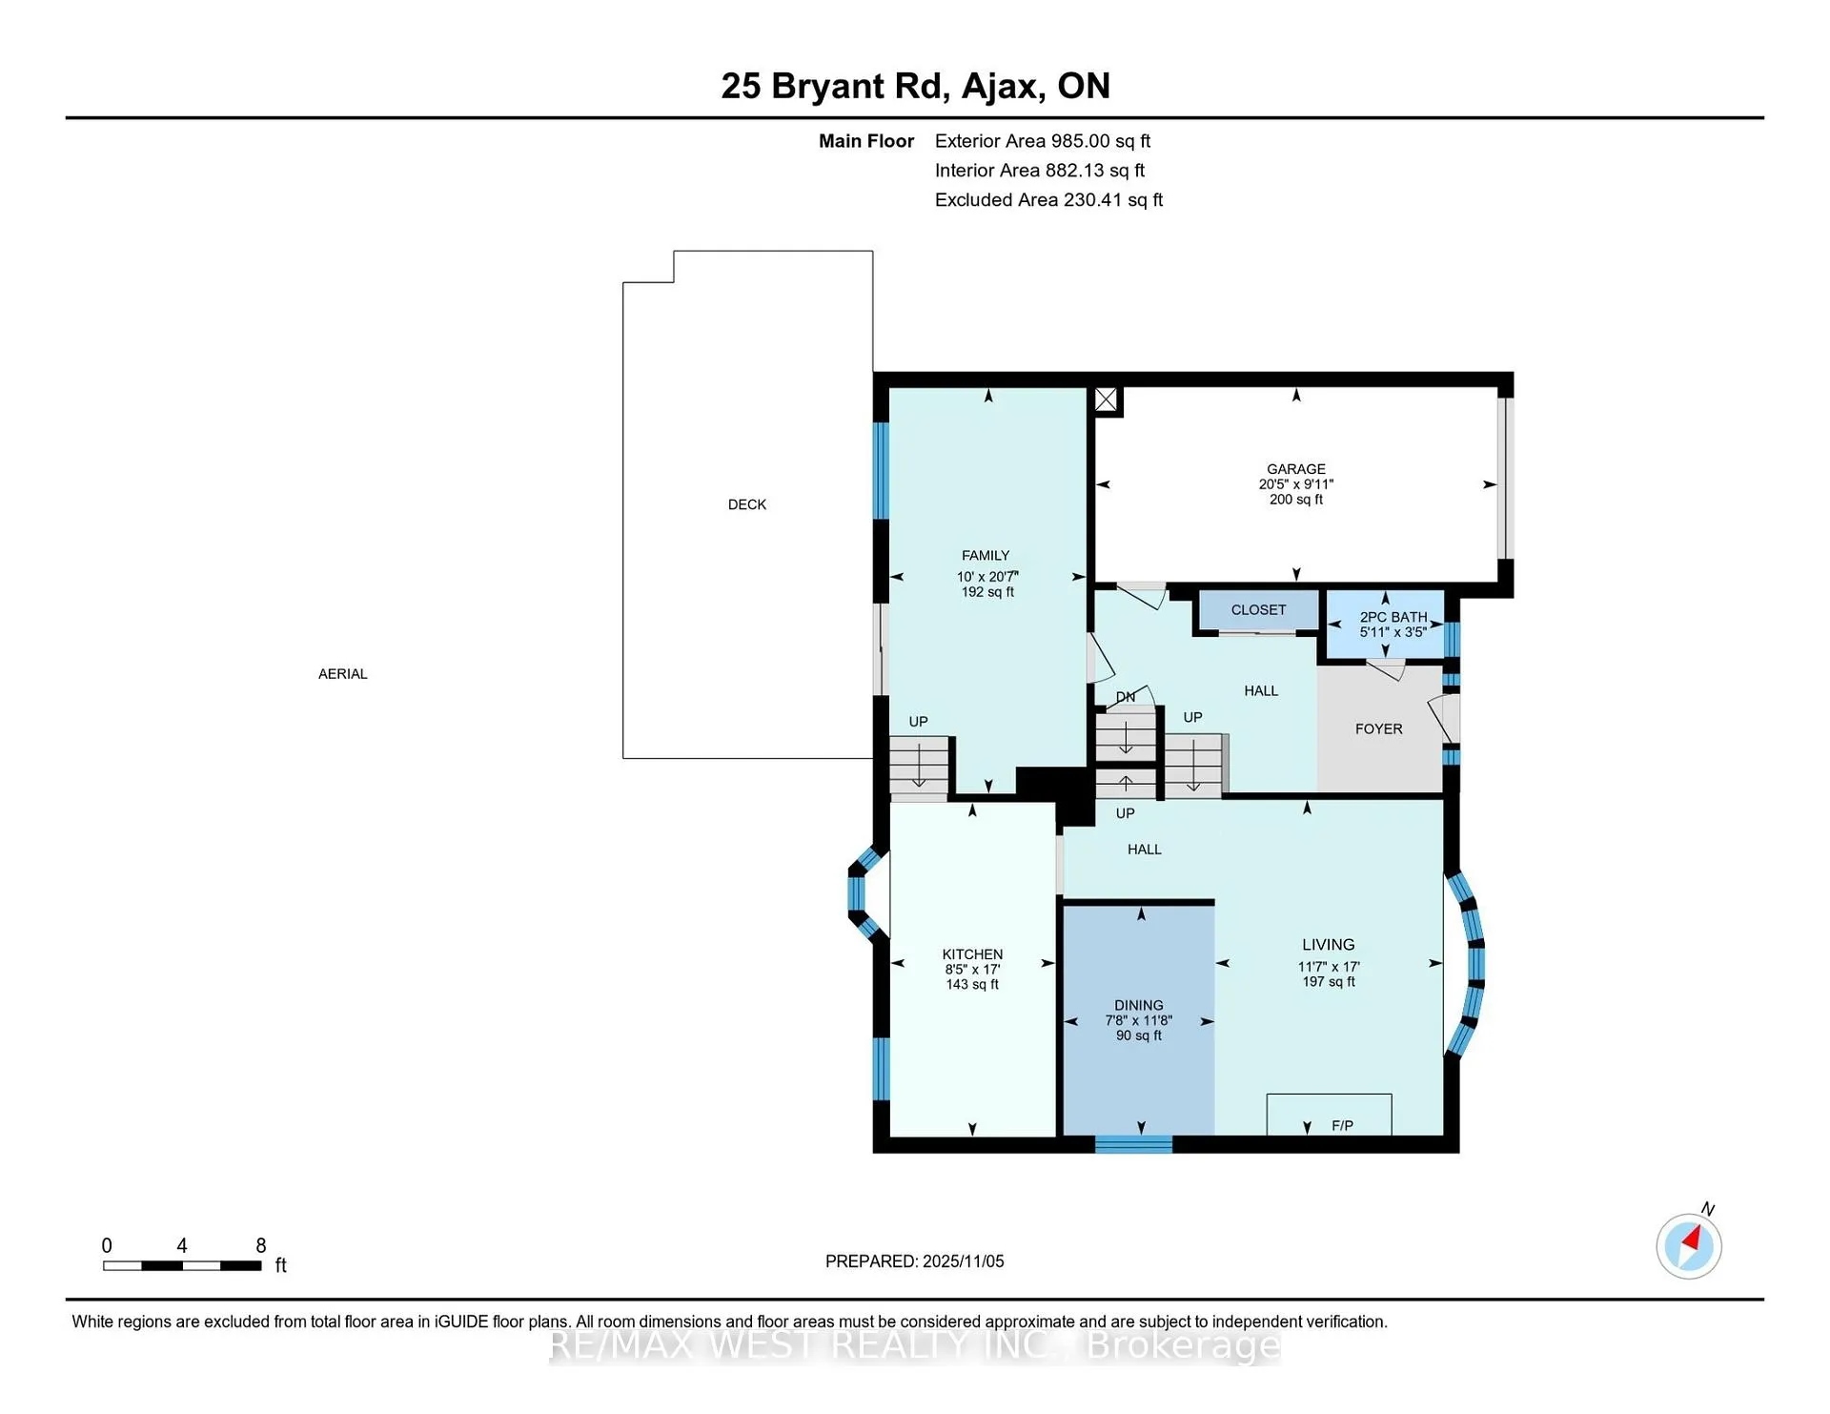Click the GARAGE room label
coord(1295,469)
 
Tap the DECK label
coord(747,504)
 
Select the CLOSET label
coord(1258,610)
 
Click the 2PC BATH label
coord(1393,617)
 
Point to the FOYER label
coord(1378,729)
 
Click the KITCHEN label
coord(972,954)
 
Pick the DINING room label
coord(1139,1005)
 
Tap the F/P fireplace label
coord(1342,1126)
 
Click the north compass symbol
coord(1689,1245)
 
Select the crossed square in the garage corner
coord(1106,400)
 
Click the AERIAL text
coord(343,674)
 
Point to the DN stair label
coord(1126,697)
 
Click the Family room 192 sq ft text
coord(987,592)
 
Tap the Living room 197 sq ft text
coord(1329,982)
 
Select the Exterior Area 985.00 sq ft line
coord(1043,141)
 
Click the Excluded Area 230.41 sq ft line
coord(1048,200)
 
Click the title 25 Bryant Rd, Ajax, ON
coord(915,86)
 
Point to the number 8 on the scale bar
coord(261,1245)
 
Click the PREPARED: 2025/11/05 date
coord(915,1261)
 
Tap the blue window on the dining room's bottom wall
coord(1133,1144)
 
